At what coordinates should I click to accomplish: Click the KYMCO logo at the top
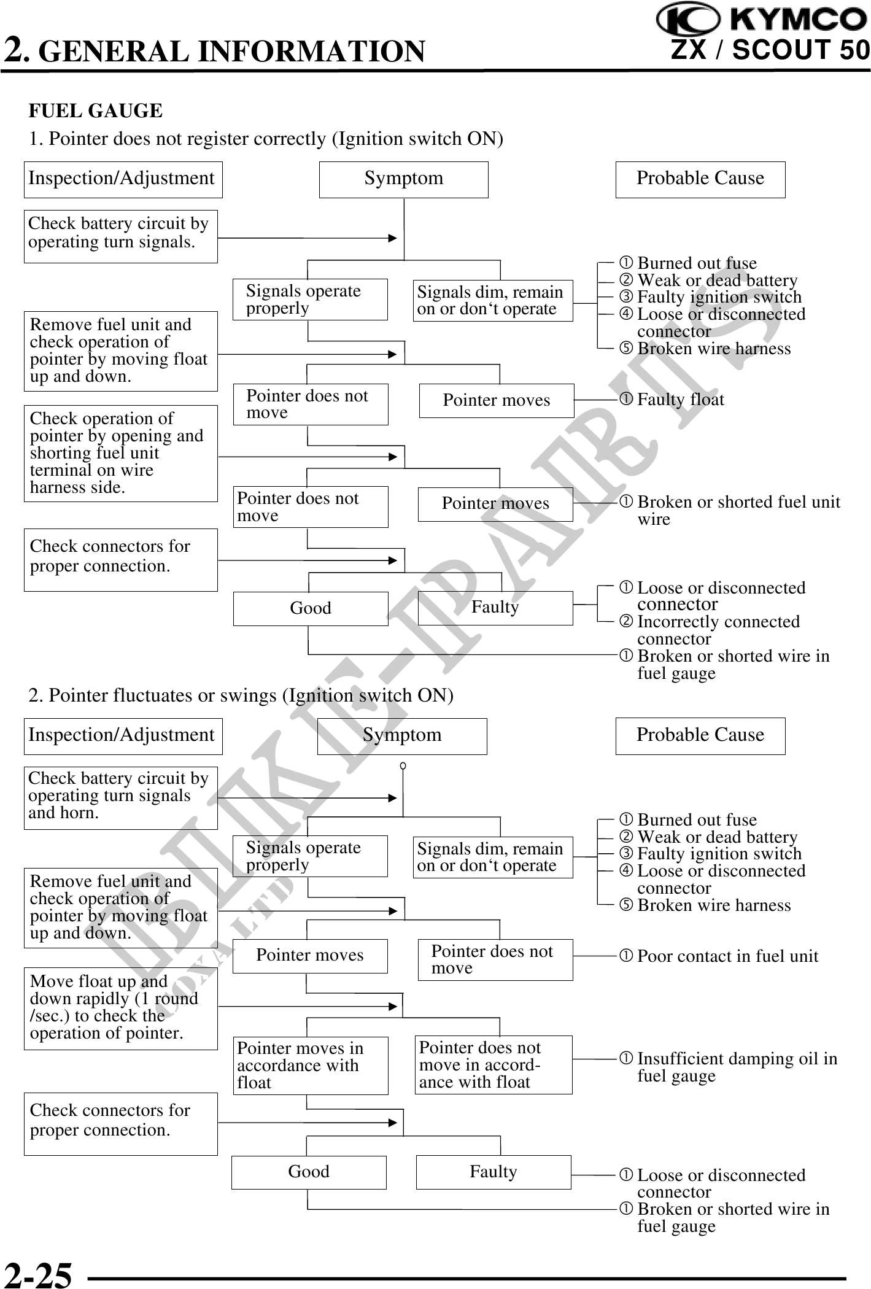[762, 20]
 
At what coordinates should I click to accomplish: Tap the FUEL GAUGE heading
[96, 111]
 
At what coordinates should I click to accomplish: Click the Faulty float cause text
[679, 400]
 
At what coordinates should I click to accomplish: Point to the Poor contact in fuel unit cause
[727, 956]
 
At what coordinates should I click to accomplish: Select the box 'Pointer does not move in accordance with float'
[494, 1065]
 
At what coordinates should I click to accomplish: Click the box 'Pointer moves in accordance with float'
[310, 1066]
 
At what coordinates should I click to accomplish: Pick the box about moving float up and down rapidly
[120, 1009]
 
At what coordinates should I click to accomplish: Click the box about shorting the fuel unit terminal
[120, 453]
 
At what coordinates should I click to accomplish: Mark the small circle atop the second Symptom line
[403, 765]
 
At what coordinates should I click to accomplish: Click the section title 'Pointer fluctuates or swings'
[241, 695]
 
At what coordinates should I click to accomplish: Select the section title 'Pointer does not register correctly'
[266, 139]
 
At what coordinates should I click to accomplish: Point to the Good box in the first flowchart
[310, 608]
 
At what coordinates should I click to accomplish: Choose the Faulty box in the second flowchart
[494, 1172]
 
